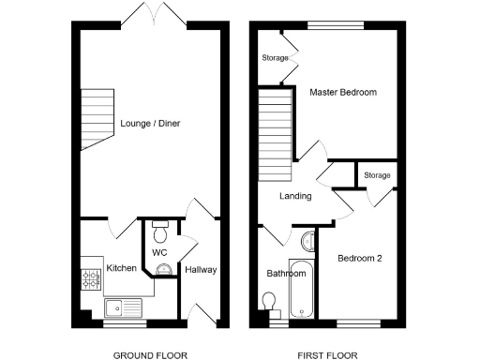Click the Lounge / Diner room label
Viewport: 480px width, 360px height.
[x=150, y=123]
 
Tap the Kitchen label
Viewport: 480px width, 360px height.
[x=122, y=268]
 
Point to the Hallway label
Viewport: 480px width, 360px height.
[x=201, y=270]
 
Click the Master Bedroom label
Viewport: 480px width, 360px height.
[x=343, y=93]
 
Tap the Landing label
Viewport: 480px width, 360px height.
[x=294, y=197]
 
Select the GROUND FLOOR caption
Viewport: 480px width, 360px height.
[x=150, y=355]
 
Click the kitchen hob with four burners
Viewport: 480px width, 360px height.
[x=92, y=277]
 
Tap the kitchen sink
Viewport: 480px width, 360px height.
[x=122, y=306]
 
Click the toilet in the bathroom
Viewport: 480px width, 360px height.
[x=270, y=300]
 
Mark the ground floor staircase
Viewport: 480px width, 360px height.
[x=94, y=119]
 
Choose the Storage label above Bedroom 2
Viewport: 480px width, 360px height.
[x=377, y=175]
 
